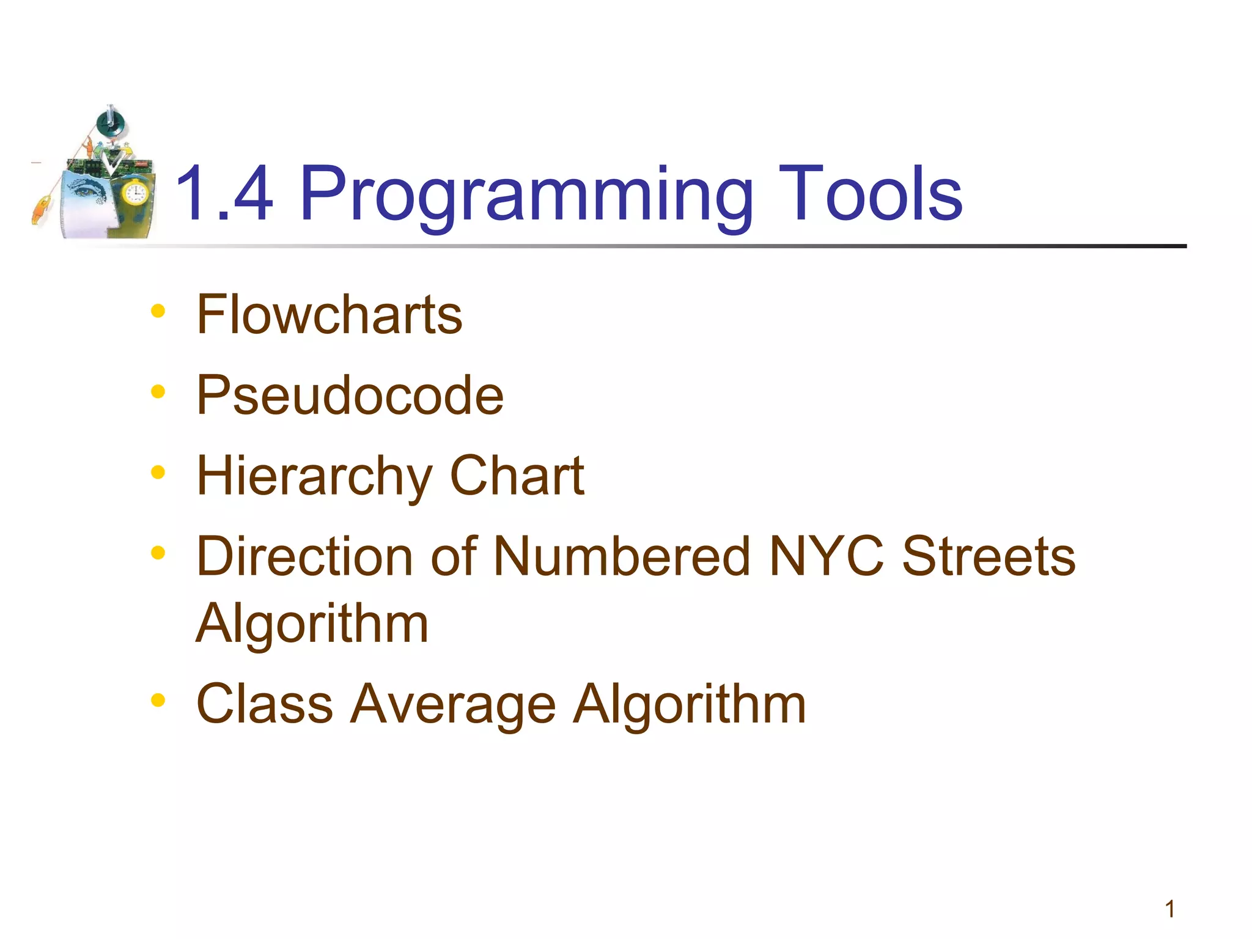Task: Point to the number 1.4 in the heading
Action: [x=224, y=194]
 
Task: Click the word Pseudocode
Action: [x=350, y=396]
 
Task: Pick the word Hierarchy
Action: [x=314, y=476]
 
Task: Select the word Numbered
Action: [x=622, y=556]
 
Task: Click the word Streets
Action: [x=989, y=556]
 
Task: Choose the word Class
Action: [x=265, y=704]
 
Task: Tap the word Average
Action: [x=453, y=704]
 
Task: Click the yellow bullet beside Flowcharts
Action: [x=158, y=311]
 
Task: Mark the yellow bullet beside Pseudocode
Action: [x=158, y=392]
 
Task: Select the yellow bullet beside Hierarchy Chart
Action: [x=158, y=473]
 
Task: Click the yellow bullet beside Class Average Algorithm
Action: [x=158, y=700]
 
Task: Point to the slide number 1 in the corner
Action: [x=1169, y=909]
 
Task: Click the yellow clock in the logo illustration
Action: [x=134, y=194]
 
